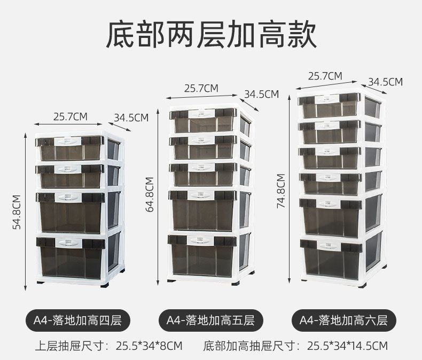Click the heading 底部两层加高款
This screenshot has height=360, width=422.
pos(211,35)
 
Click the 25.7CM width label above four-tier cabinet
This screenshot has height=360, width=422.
pos(70,115)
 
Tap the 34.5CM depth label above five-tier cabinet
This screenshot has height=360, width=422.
pos(262,94)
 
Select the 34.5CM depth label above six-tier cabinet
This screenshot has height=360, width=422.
pos(385,82)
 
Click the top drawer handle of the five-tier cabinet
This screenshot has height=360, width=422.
pos(202,113)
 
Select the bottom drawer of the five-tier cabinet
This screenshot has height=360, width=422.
pos(202,255)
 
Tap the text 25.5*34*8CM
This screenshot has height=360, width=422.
pos(149,346)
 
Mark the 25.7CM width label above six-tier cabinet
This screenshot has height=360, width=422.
pos(325,76)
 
